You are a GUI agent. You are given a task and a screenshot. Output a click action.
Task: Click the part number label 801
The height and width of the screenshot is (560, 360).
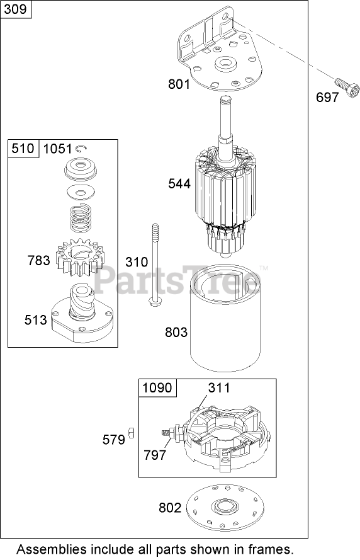tap(179, 84)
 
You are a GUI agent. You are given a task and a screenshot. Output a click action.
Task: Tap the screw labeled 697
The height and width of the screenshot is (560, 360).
tap(347, 87)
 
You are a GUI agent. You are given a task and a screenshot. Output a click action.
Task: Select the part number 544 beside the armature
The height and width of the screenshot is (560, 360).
tap(179, 183)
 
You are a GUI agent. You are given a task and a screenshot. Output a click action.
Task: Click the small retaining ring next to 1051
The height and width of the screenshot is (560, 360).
tap(82, 148)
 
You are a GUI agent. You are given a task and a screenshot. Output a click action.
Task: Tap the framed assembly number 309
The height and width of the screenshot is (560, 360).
tap(16, 9)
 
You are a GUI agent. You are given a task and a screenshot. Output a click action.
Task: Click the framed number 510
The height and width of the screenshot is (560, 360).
tap(23, 148)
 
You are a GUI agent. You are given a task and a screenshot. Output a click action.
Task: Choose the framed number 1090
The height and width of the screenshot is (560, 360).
tap(157, 387)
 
